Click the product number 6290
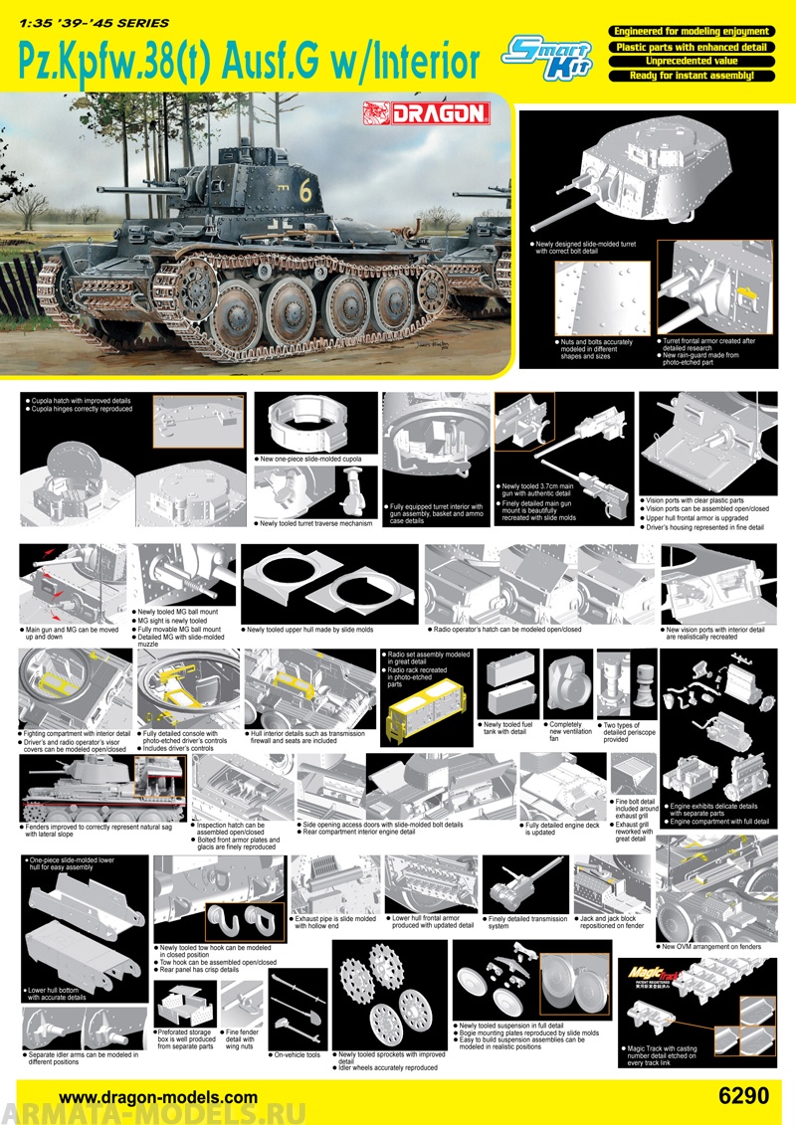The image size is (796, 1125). coord(742,1095)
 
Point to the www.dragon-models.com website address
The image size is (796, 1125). coord(159,1096)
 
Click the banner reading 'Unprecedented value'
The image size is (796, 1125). coord(691,61)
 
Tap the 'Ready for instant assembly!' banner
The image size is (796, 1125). coord(691,75)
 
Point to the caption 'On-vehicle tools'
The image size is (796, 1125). coord(296,1054)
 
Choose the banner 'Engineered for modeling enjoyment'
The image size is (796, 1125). coord(691,32)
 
